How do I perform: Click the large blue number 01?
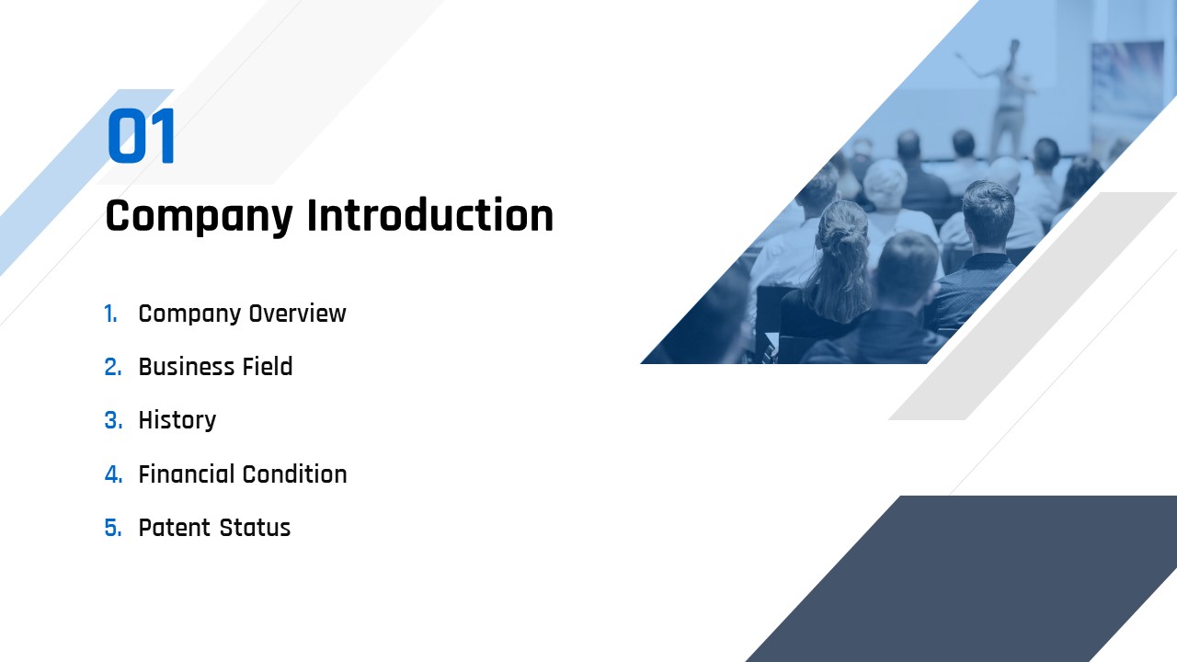pos(142,136)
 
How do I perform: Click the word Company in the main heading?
pos(200,216)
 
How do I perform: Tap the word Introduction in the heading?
pos(429,215)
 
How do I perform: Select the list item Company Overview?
pos(242,314)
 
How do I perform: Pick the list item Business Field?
pos(215,367)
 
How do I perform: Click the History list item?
pos(177,420)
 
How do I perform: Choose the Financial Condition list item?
pos(243,474)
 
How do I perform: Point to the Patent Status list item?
pos(214,528)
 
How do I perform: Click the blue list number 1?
pos(110,314)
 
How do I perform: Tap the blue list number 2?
pos(113,367)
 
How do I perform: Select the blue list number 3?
pos(113,420)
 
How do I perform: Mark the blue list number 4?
pos(113,474)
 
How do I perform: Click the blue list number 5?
pos(113,528)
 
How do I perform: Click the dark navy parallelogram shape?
pos(961,578)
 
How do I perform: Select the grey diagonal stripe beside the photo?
pos(1033,306)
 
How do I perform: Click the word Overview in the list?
pos(297,314)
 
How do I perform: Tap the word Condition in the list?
pos(295,474)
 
